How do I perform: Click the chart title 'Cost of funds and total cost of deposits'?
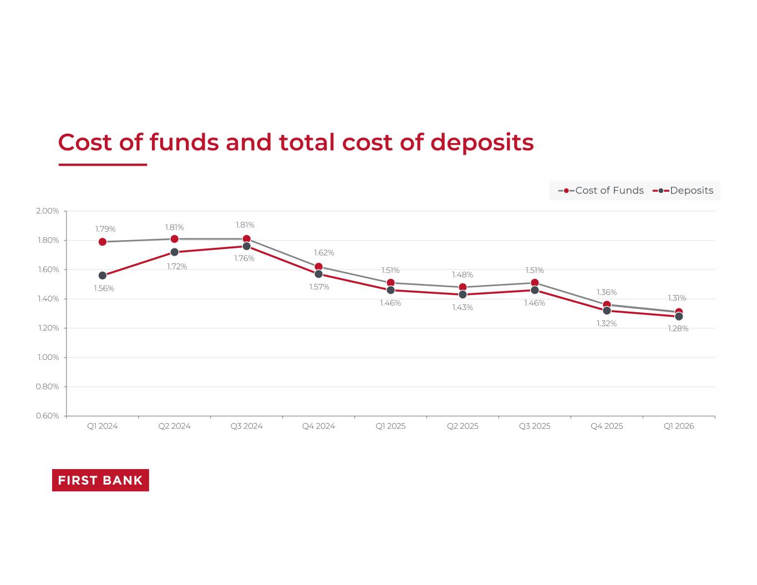click(x=296, y=143)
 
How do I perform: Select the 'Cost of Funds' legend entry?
click(x=601, y=191)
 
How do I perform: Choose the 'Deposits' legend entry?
click(x=683, y=191)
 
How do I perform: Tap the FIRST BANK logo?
click(x=100, y=480)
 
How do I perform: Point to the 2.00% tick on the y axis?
click(x=47, y=211)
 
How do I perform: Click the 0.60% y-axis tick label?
click(x=47, y=416)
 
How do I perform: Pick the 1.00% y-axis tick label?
click(x=48, y=357)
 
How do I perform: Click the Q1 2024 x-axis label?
click(x=103, y=426)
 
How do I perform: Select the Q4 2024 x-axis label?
click(x=318, y=426)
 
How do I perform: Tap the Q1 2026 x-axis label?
click(x=679, y=426)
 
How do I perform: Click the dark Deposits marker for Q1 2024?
click(x=103, y=276)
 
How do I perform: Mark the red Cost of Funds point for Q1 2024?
click(x=103, y=242)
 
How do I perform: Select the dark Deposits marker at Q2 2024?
click(x=175, y=252)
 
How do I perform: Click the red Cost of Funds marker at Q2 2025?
click(x=463, y=287)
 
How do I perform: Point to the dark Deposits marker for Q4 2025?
click(x=607, y=311)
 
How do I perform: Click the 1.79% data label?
click(x=105, y=229)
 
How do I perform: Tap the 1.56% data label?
click(x=104, y=288)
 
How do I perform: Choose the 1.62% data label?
click(x=324, y=253)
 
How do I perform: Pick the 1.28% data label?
click(x=678, y=329)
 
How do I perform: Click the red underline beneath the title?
click(x=103, y=165)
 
